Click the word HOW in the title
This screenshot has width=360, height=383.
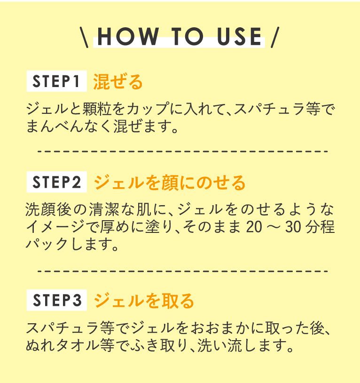tap(128, 36)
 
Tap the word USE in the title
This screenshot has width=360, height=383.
tap(239, 36)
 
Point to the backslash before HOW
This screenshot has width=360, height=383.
tap(84, 37)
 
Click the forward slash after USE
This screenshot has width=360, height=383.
tap(275, 37)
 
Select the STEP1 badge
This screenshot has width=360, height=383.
tap(56, 81)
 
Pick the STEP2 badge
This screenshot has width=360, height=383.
tap(56, 182)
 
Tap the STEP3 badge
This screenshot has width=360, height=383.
tap(56, 300)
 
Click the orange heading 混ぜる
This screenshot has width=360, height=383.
tap(118, 81)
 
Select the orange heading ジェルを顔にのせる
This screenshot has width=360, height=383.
tap(170, 183)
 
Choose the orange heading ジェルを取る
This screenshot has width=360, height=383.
tap(144, 301)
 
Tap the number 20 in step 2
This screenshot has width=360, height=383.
tap(254, 227)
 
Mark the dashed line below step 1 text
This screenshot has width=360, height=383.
tap(182, 152)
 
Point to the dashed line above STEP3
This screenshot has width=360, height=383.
tap(182, 271)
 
